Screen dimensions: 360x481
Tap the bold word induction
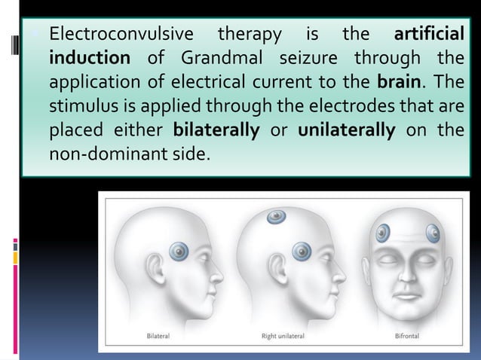click(x=90, y=58)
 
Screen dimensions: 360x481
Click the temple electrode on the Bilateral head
click(x=181, y=250)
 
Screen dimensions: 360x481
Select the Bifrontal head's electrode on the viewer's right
click(x=434, y=234)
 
